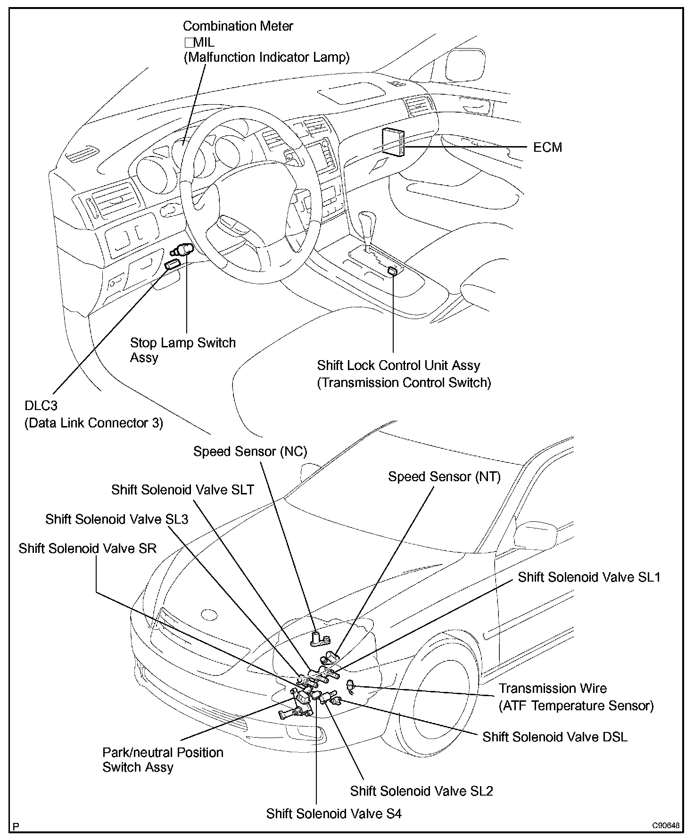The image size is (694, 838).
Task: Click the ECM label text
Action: coord(547,148)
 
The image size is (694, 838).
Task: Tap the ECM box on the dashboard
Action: coord(394,140)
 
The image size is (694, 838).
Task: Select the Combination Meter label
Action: coord(238,26)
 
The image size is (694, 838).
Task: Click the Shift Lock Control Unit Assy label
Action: coord(398,365)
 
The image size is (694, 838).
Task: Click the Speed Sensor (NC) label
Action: coord(250,452)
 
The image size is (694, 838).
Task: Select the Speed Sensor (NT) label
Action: coord(444,477)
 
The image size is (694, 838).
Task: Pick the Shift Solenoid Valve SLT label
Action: coord(182,490)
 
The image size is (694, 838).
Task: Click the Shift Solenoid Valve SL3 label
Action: coord(116,519)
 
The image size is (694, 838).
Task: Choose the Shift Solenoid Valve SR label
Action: coord(87,548)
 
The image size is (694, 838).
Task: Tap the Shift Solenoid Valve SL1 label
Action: coord(589,577)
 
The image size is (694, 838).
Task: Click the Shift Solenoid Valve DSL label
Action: coord(555,737)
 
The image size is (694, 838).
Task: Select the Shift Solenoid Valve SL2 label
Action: coord(421,791)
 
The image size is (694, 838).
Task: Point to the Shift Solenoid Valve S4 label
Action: coord(334,813)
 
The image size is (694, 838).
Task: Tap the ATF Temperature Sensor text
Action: coord(576,706)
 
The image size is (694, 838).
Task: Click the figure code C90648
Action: coord(666,826)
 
